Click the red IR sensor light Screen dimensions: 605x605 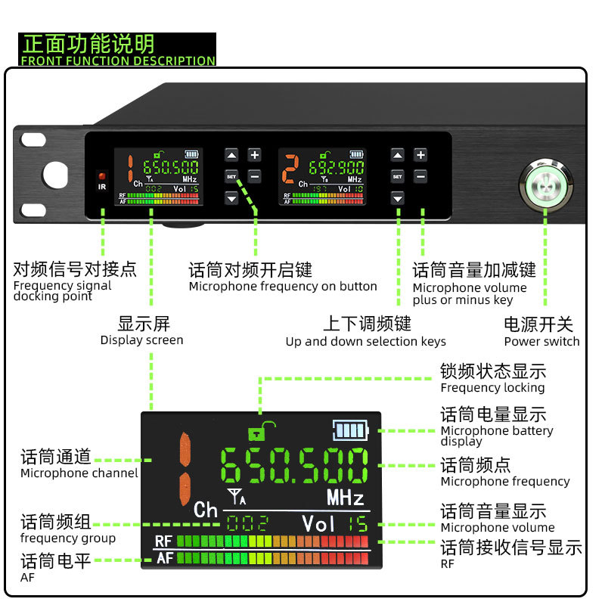click(x=102, y=176)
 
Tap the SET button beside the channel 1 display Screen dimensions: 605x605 click(x=231, y=176)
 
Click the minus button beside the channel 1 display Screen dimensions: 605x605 click(x=255, y=176)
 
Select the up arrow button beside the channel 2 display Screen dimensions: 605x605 click(x=398, y=155)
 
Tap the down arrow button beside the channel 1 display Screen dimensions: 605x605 click(x=231, y=198)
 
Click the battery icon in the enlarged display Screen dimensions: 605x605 click(x=349, y=430)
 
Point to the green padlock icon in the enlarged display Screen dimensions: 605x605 click(x=258, y=432)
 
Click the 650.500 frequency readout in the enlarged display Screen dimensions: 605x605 click(x=294, y=466)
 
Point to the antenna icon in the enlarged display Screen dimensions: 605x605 click(x=236, y=497)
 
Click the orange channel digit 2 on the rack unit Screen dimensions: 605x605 click(x=288, y=168)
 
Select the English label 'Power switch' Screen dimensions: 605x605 click(x=541, y=341)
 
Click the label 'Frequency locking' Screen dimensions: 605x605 click(x=492, y=388)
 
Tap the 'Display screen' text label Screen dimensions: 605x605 click(x=141, y=340)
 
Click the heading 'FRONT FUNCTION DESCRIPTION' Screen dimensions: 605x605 click(x=118, y=60)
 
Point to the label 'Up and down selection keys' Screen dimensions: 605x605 click(x=366, y=341)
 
